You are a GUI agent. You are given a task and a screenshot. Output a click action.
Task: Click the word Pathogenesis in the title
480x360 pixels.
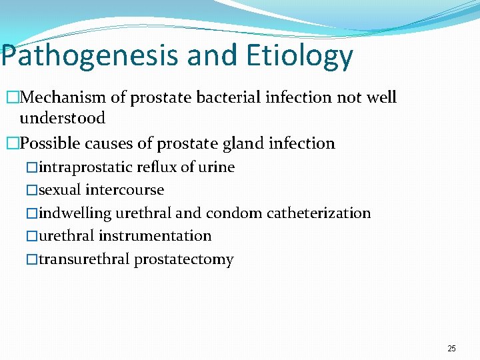[91, 56]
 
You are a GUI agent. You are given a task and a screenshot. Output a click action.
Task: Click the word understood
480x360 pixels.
[62, 118]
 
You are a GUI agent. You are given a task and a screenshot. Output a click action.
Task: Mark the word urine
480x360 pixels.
[216, 167]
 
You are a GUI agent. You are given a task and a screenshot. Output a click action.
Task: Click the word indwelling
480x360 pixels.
[75, 213]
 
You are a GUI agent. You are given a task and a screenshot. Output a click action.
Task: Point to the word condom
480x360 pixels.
[234, 213]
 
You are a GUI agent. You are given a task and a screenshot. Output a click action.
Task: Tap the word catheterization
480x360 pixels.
[319, 213]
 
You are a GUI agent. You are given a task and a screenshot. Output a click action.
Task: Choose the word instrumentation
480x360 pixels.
[155, 236]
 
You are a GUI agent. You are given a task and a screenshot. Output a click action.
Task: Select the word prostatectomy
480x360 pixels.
[184, 259]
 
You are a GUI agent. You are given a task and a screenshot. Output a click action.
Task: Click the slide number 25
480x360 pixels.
[451, 349]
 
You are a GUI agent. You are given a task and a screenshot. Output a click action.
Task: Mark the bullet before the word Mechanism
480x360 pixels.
[11, 98]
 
